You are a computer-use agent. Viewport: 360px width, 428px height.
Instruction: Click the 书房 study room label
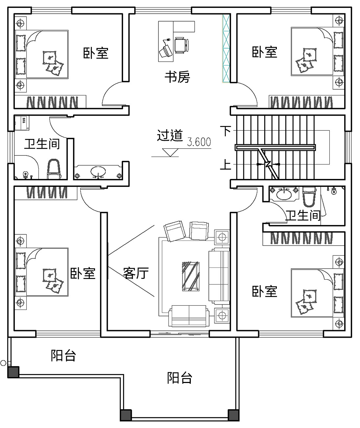[x=177, y=77]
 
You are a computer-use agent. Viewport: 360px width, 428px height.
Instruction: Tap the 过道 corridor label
[x=170, y=136]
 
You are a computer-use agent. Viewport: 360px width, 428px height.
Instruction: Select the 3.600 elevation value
[x=199, y=142]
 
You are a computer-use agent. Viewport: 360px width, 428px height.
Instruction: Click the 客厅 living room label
[x=136, y=273]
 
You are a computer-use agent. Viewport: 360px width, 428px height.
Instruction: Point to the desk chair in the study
[x=181, y=45]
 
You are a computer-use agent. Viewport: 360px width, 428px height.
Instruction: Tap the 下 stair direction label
[x=226, y=131]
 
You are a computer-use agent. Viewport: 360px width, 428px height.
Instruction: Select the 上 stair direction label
[x=226, y=165]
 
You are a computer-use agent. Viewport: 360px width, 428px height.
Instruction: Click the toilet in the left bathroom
[x=54, y=170]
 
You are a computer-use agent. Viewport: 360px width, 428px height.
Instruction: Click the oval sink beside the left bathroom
[x=98, y=171]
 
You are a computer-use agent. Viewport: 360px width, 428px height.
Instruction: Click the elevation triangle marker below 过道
[x=170, y=152]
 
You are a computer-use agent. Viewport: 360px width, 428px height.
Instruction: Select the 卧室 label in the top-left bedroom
[x=96, y=53]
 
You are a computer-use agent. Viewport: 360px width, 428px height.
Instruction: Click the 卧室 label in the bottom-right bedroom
[x=265, y=291]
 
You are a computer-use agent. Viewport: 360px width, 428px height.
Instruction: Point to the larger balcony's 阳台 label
[x=180, y=378]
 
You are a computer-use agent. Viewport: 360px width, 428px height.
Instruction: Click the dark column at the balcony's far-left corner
[x=13, y=372]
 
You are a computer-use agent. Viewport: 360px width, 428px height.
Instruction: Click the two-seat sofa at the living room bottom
[x=188, y=315]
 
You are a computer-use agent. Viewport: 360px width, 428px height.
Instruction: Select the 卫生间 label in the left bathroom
[x=42, y=144]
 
